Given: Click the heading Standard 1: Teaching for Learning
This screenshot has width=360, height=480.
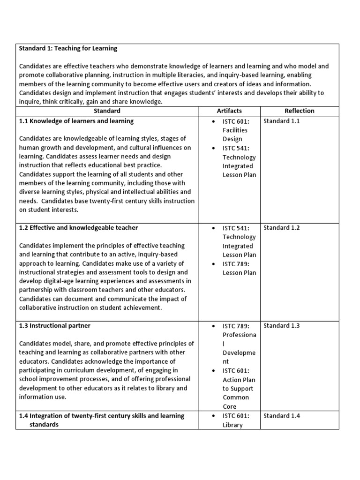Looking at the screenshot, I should (x=68, y=48).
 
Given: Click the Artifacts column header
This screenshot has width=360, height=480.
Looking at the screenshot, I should (x=229, y=111).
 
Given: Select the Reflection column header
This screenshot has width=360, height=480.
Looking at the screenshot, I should (x=299, y=111).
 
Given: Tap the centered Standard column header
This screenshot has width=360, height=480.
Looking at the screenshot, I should (x=107, y=111).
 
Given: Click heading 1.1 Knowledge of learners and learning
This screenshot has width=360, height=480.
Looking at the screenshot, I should (x=76, y=121).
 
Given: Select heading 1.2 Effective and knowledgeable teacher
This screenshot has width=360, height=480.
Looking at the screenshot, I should (x=79, y=228).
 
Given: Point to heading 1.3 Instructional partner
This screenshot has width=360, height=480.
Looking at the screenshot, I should (x=55, y=325).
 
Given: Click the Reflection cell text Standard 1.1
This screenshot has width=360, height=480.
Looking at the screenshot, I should (x=281, y=121).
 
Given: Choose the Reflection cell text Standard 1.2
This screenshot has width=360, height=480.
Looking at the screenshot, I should (x=281, y=228).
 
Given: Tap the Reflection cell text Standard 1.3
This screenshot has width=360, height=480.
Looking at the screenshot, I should (x=281, y=325).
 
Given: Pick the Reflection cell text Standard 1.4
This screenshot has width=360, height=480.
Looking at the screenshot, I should (x=281, y=416).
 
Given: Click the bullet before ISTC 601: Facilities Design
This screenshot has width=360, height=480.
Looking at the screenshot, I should (x=213, y=121).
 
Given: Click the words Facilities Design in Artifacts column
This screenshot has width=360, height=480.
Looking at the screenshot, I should (x=235, y=135).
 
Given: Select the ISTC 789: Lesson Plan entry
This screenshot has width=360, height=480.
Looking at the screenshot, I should (x=239, y=268).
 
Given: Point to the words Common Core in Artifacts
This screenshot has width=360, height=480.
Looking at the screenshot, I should (x=236, y=402).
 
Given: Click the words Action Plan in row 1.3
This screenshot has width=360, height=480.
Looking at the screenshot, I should (x=239, y=380).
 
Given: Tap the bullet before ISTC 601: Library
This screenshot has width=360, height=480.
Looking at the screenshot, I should (x=213, y=416).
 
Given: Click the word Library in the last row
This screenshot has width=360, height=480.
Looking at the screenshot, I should (x=232, y=425).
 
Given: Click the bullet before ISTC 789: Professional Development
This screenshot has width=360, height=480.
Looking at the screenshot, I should (x=213, y=326).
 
